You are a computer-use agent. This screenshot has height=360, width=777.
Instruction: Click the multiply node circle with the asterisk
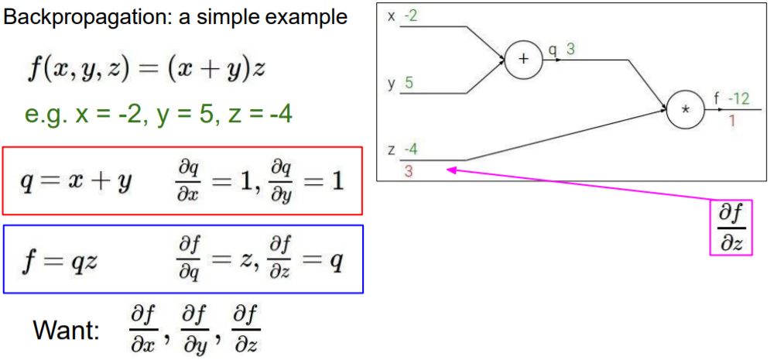685,110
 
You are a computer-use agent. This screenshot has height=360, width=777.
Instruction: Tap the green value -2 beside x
410,16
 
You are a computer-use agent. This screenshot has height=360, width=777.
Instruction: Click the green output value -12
741,98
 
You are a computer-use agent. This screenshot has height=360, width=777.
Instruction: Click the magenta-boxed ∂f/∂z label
731,228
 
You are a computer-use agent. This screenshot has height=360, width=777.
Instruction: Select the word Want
66,331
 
